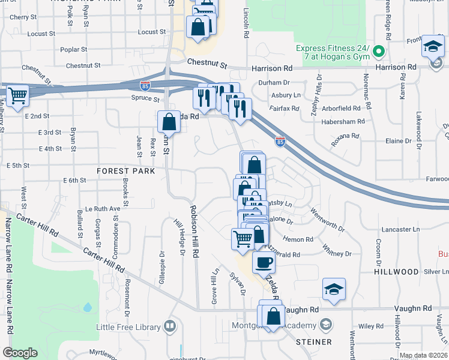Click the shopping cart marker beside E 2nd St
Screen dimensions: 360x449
[18, 96]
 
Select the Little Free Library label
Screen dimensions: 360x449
[128, 327]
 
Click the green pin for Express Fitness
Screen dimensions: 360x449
[378, 52]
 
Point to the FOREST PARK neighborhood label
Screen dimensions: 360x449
[126, 171]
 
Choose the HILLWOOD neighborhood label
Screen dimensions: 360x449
[396, 272]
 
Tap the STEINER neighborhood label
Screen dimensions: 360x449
[313, 341]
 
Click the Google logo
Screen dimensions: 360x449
[20, 352]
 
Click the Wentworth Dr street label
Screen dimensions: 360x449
[327, 221]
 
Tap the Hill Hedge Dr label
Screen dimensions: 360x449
[178, 239]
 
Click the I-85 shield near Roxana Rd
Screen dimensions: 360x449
[280, 142]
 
